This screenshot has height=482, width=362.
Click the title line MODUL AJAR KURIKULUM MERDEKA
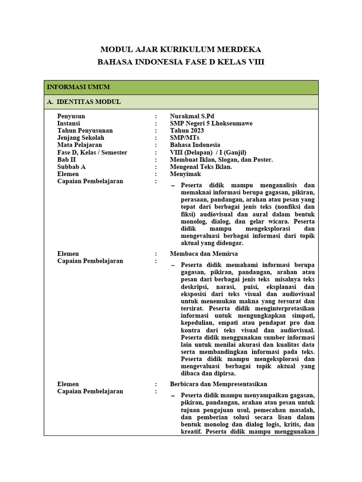(181, 49)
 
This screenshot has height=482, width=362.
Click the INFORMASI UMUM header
(78, 87)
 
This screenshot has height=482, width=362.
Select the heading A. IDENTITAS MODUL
(83, 102)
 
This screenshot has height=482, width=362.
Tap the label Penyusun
(71, 116)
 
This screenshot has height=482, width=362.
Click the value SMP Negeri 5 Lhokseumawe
(211, 123)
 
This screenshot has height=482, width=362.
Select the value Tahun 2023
(187, 130)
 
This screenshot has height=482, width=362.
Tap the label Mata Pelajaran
(80, 145)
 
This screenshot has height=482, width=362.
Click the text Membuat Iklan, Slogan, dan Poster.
(222, 160)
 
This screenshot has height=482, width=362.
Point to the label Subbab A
(72, 167)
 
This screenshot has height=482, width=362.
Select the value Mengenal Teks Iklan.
(201, 167)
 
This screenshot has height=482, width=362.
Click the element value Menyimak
(185, 174)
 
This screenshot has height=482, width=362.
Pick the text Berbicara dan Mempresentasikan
(219, 384)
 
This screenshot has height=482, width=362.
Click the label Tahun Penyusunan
(85, 130)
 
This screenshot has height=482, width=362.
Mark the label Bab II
(67, 160)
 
